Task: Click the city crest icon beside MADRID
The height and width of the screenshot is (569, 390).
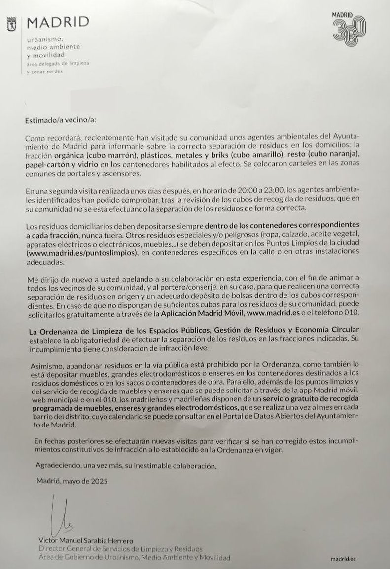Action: pyautogui.click(x=12, y=23)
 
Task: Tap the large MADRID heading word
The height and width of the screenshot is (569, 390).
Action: pyautogui.click(x=58, y=22)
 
